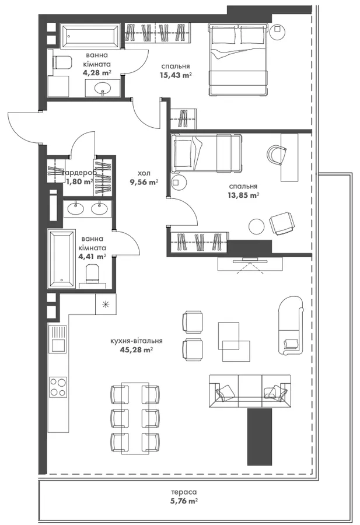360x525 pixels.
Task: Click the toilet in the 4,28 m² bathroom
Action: pyautogui.click(x=62, y=62)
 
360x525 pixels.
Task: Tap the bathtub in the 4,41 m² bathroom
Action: pyautogui.click(x=61, y=258)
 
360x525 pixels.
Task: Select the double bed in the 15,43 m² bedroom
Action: pyautogui.click(x=239, y=60)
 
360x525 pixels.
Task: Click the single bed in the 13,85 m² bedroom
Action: pyautogui.click(x=206, y=153)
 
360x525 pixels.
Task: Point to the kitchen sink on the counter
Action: pyautogui.click(x=58, y=338)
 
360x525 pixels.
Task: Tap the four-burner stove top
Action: pyautogui.click(x=58, y=387)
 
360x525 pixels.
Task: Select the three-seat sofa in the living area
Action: pyautogui.click(x=250, y=391)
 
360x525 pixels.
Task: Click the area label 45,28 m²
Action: pyautogui.click(x=137, y=350)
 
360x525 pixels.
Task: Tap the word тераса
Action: pyautogui.click(x=184, y=492)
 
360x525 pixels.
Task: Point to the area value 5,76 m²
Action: pyautogui.click(x=184, y=501)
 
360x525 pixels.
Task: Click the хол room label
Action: pyautogui.click(x=144, y=173)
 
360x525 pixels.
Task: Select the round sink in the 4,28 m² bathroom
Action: pyautogui.click(x=103, y=89)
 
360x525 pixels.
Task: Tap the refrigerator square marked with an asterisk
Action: pyautogui.click(x=106, y=304)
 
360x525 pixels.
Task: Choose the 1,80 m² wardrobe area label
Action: pyautogui.click(x=79, y=182)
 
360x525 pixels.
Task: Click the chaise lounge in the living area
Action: pyautogui.click(x=291, y=325)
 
